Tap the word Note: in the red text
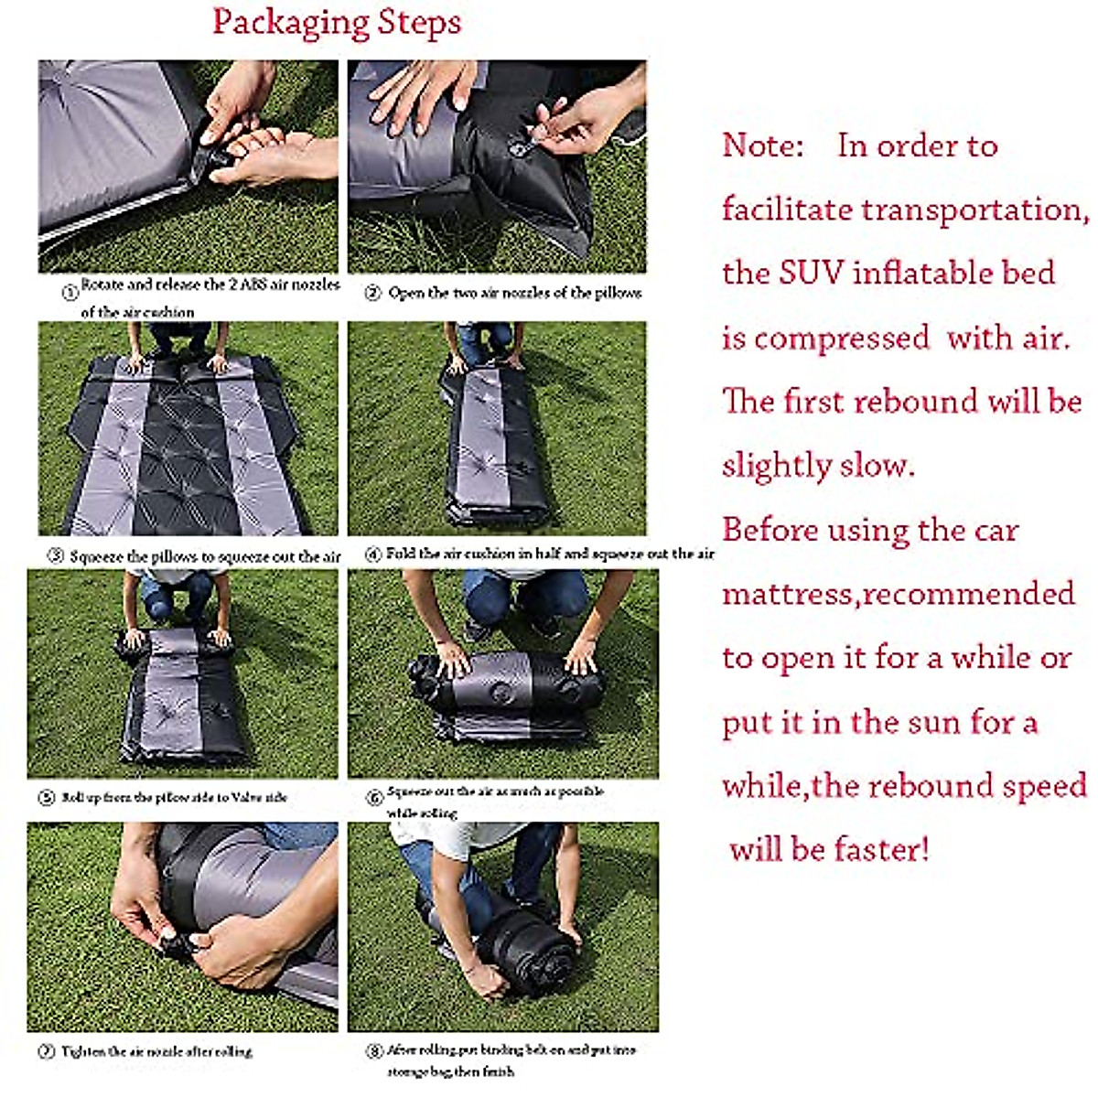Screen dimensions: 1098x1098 (x=762, y=145)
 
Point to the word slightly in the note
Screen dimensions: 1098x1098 (x=774, y=467)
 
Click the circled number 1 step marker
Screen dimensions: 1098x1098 (x=70, y=293)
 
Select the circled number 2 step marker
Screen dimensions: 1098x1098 (x=372, y=293)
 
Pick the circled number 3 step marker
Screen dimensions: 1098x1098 (x=55, y=556)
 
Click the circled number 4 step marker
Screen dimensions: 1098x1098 (x=373, y=554)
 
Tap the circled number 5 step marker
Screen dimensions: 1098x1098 (x=46, y=798)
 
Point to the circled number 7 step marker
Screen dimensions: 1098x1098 (x=46, y=1052)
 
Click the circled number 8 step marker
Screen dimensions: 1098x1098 (x=374, y=1050)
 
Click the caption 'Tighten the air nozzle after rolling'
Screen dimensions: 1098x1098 (x=156, y=1052)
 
